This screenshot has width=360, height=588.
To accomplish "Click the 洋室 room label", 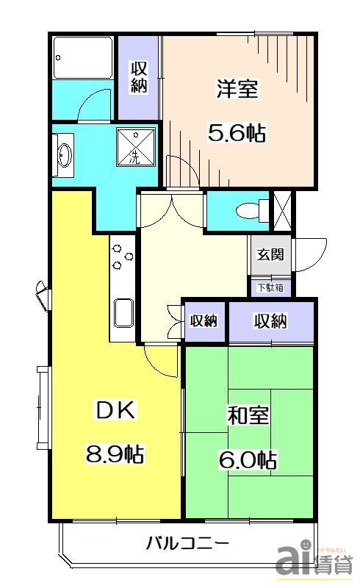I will tap(237, 90).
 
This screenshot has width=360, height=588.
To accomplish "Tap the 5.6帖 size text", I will tap(236, 134).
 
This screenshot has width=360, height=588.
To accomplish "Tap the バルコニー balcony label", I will tap(187, 545).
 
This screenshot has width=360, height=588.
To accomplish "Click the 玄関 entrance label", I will tap(270, 256).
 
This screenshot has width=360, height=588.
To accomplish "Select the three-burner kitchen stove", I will tap(121, 257).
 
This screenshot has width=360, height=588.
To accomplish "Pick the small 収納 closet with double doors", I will tap(204, 321).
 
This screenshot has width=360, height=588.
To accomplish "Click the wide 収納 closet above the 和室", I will tap(270, 321).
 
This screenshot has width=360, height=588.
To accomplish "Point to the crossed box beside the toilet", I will tap(283, 207).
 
